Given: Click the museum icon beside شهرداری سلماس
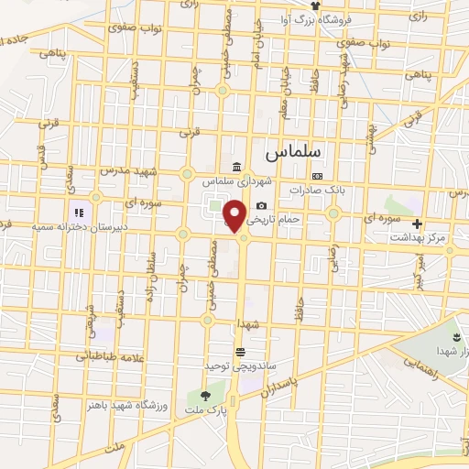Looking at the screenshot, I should pyautogui.click(x=237, y=167).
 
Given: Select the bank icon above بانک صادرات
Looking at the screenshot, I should pyautogui.click(x=317, y=176).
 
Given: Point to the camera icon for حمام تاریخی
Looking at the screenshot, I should pyautogui.click(x=262, y=206).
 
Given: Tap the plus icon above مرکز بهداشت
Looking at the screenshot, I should pyautogui.click(x=418, y=224).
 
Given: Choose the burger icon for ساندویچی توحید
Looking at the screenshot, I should pyautogui.click(x=240, y=352).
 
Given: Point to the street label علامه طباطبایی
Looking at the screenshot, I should pyautogui.click(x=90, y=356).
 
